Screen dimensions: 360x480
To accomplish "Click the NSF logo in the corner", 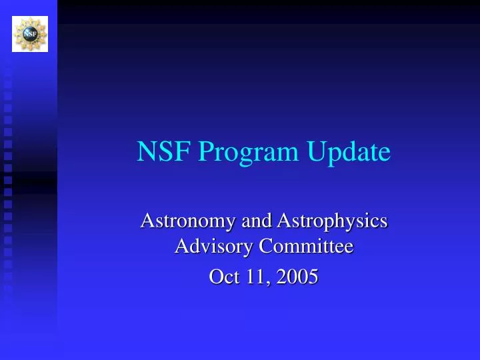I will [30, 33].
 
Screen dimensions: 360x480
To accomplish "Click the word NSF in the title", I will [158, 153].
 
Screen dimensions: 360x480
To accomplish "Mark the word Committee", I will [306, 247].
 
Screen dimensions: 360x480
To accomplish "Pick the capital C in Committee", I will [265, 247].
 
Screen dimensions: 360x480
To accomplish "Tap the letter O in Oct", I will [215, 276].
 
